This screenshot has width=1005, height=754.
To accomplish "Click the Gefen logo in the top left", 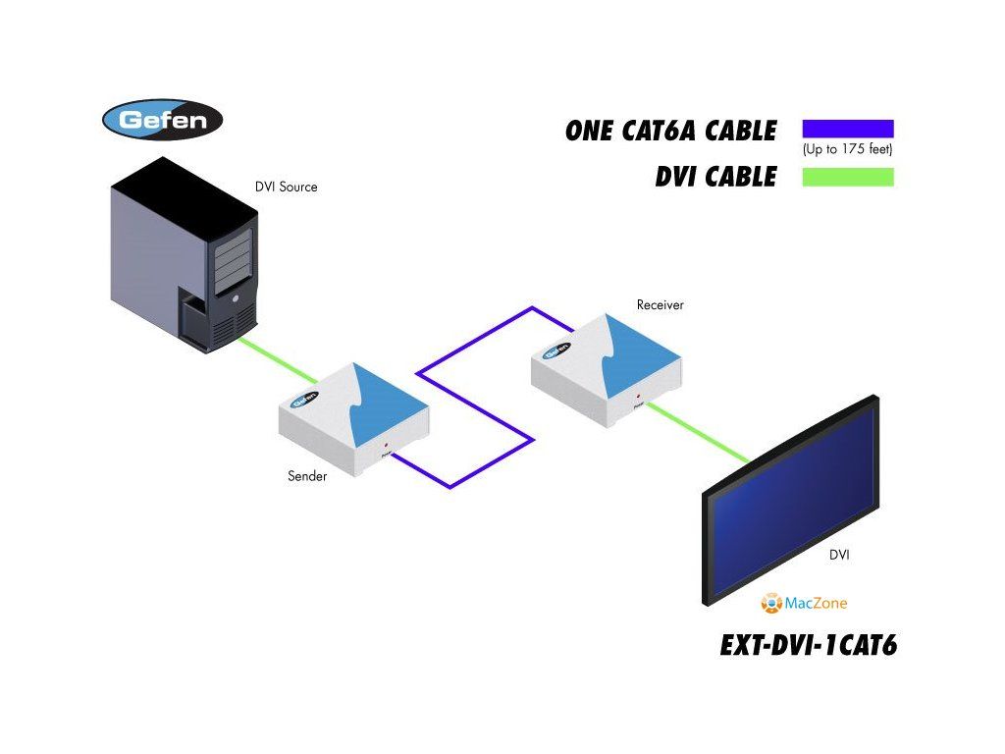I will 163,120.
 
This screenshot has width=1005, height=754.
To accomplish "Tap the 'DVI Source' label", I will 287,187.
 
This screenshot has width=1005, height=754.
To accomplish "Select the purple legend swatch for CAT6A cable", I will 848,129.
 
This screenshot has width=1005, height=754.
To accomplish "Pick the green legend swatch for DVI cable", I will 848,178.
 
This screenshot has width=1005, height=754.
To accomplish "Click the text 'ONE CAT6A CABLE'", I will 670,131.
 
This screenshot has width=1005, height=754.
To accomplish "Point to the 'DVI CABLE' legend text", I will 715,178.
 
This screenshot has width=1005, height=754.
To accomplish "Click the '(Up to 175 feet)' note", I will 847,150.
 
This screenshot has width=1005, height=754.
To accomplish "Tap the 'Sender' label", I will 307,476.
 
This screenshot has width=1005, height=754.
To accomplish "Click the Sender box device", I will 353,417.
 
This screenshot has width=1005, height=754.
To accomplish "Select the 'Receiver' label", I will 660,304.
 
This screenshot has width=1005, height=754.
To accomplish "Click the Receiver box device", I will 605,363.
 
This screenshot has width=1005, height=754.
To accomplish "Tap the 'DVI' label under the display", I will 839,555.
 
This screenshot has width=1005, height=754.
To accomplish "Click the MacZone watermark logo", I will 804,603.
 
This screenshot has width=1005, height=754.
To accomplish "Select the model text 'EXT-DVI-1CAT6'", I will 809,645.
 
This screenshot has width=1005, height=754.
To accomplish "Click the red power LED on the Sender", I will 386,445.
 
